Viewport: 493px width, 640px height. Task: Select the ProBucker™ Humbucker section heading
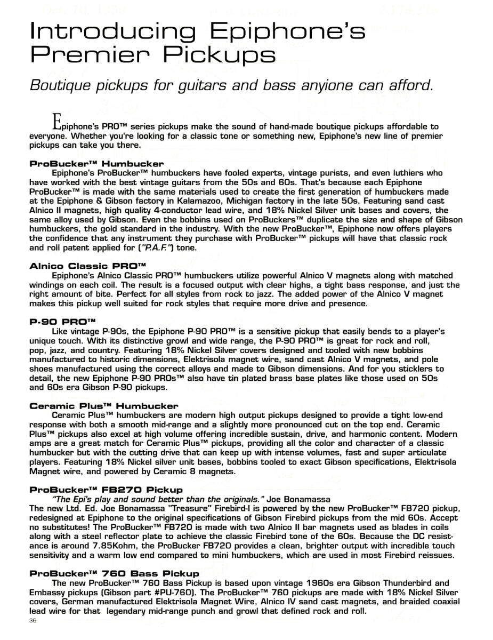click(x=96, y=164)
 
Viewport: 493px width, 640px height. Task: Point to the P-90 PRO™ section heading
click(x=62, y=322)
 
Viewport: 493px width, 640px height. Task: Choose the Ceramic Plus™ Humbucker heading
click(x=104, y=406)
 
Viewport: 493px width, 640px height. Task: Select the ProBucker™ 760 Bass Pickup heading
click(x=115, y=573)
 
